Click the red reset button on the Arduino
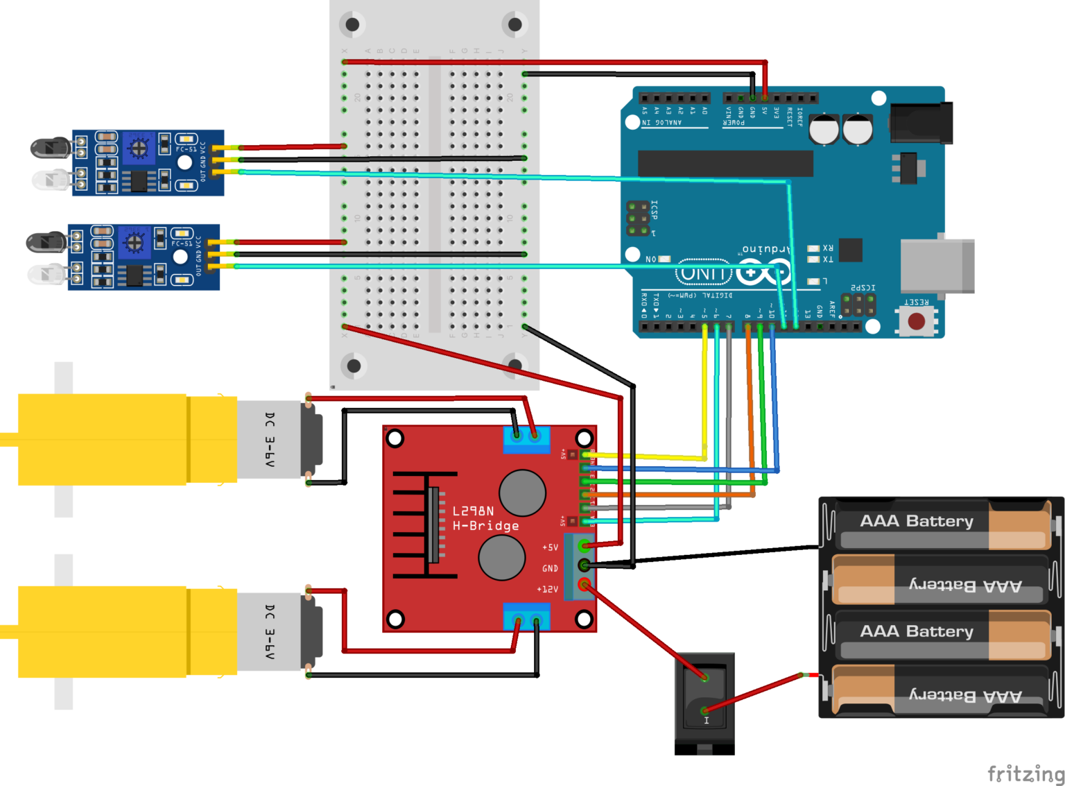(916, 321)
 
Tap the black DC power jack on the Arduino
(921, 123)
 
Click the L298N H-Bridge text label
(485, 518)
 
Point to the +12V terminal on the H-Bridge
(585, 585)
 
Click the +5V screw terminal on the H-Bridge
(585, 546)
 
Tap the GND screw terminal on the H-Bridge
(585, 565)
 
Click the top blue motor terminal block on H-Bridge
(526, 439)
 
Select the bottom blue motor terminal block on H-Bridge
(526, 617)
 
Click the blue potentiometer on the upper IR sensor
(139, 147)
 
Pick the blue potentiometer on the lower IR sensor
(134, 242)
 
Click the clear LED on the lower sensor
(46, 274)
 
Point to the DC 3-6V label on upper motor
(270, 439)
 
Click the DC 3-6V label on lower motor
(270, 631)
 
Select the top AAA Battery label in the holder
(916, 521)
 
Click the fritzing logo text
(1025, 773)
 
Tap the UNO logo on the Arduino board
(704, 273)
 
